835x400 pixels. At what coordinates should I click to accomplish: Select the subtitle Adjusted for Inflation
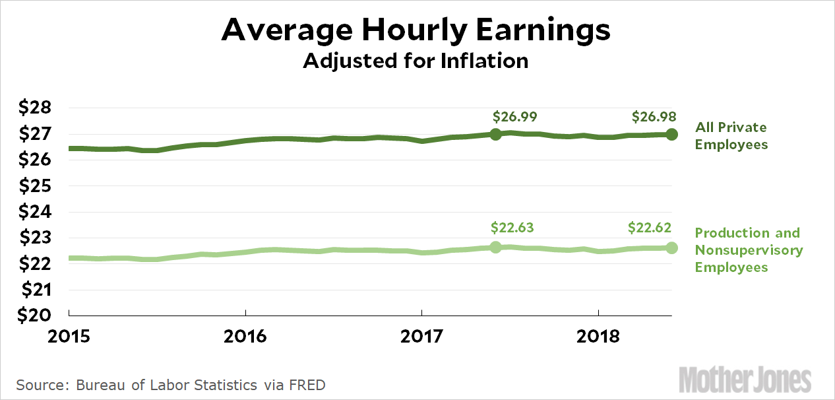coord(416,61)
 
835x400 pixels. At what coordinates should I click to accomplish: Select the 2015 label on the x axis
coord(69,336)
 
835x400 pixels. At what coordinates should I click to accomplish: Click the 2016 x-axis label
coord(245,336)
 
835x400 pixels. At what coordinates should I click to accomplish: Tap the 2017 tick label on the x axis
coord(421,336)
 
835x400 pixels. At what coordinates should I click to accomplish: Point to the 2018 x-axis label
coord(598,336)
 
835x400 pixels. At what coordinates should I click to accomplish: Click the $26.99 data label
coord(514,117)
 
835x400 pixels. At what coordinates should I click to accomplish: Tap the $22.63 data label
coord(512,228)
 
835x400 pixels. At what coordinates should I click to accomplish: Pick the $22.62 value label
coord(650,228)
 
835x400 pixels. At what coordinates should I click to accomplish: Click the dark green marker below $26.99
coord(496,134)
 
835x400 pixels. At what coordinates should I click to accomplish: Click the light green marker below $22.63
coord(496,248)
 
